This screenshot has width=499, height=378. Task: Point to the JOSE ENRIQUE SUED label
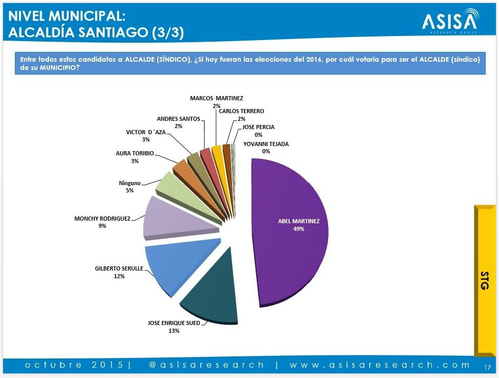coord(174,323)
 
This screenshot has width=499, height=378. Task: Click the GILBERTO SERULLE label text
coord(119,268)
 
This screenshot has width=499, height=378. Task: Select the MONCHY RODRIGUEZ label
coord(102,219)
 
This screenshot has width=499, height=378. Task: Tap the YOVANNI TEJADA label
coord(266,144)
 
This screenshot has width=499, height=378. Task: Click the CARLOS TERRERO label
coord(241,111)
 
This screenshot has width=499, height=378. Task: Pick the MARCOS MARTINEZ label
coord(217,98)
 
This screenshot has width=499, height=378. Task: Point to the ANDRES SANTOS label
coord(178,119)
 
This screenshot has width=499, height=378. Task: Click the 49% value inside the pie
coord(299,229)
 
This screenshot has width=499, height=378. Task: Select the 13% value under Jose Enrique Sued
coord(174,331)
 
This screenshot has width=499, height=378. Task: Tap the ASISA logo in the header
coord(450,21)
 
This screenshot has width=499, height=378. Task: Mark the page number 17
coord(488,367)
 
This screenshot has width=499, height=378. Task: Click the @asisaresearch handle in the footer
coord(206,365)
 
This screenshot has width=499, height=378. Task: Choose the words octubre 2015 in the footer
coord(74,365)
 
